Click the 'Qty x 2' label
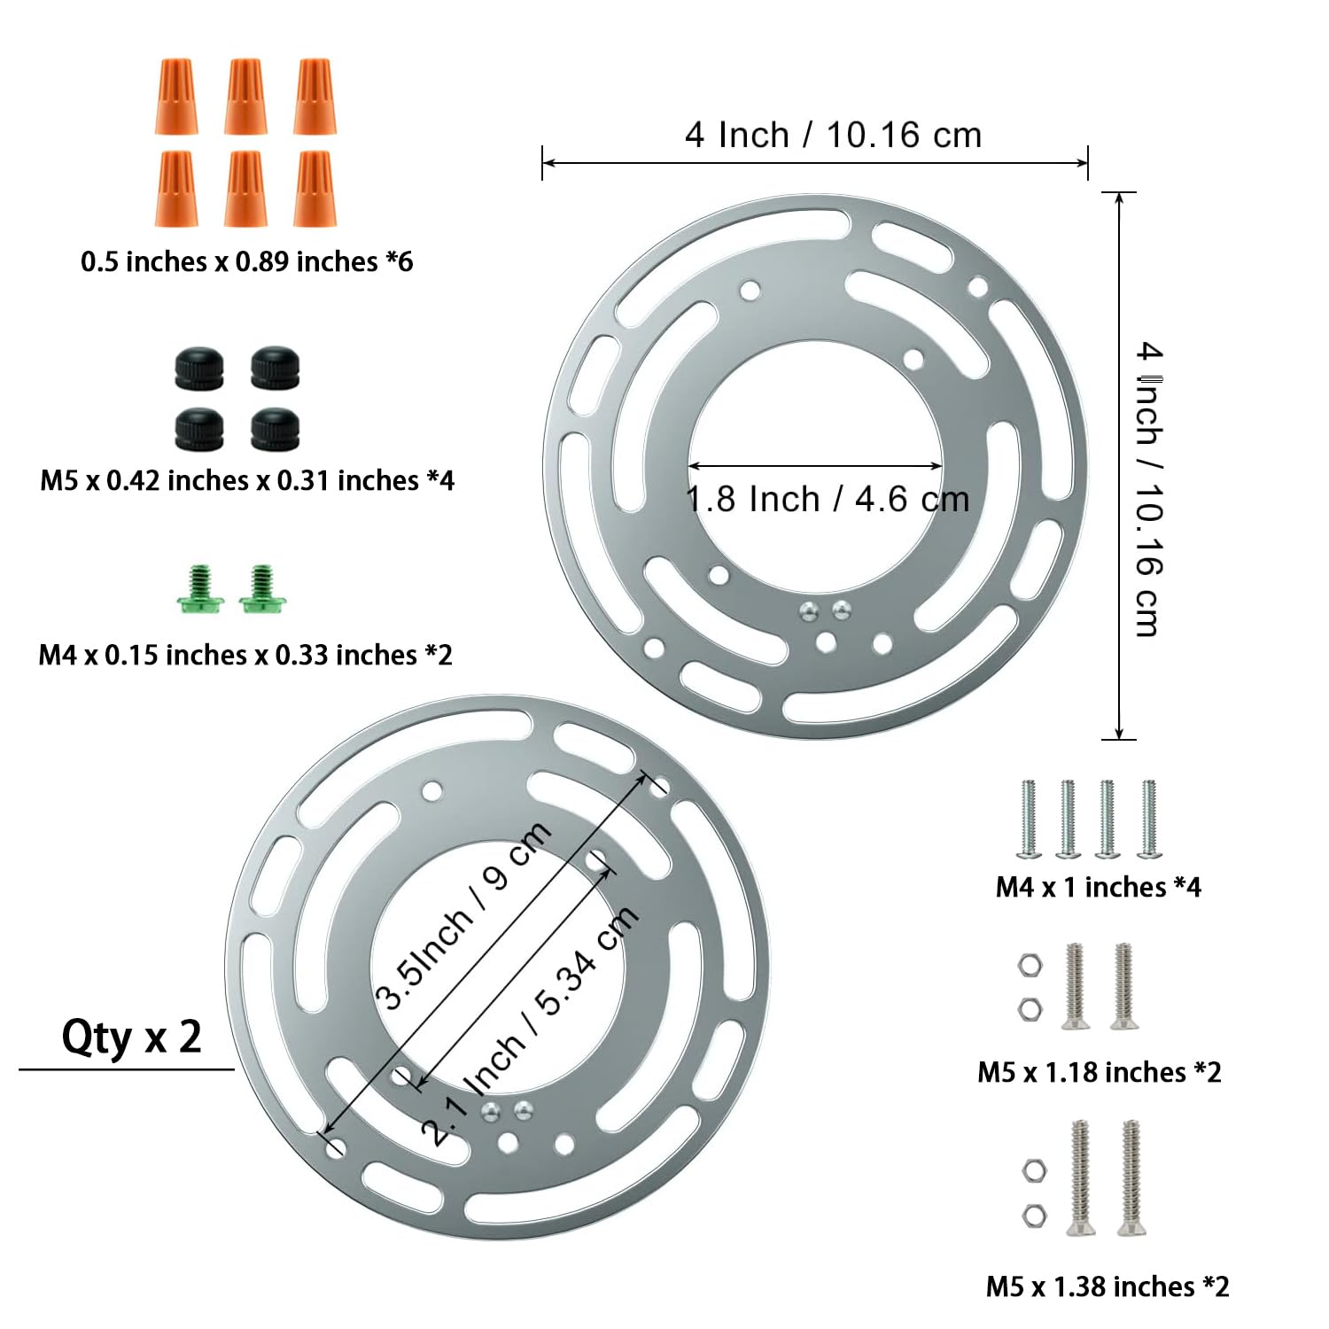pos(131,1037)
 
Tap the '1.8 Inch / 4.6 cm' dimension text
pos(828,500)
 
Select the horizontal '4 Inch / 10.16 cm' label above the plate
pos(834,135)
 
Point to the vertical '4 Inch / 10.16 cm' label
pos(1149,489)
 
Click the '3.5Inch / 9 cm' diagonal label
pos(462,915)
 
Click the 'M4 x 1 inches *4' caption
pos(1099,887)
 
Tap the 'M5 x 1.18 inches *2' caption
pos(1100,1072)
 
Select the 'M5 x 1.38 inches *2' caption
pos(1107,1286)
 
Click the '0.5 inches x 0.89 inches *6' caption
pos(247,261)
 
